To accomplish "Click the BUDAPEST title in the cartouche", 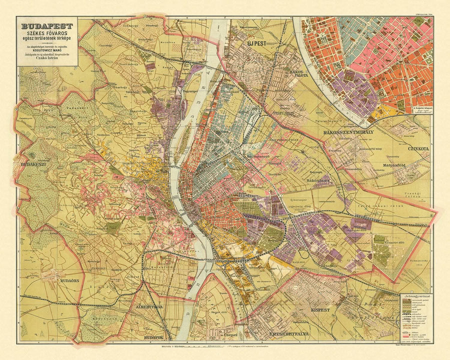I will click(x=46, y=26).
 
